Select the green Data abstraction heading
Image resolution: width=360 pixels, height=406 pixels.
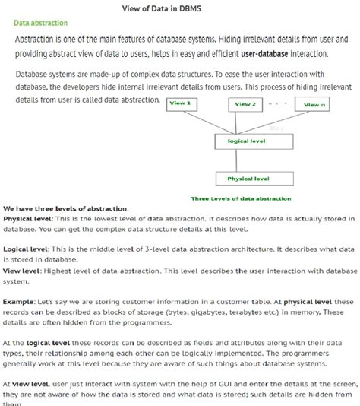(x=40, y=24)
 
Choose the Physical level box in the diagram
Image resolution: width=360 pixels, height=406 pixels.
(x=248, y=179)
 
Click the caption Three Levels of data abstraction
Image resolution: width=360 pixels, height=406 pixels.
(x=241, y=199)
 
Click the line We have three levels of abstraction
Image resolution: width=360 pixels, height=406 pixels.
(x=66, y=209)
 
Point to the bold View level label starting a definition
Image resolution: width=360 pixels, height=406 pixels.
(x=21, y=270)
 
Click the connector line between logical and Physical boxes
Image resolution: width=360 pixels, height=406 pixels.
(x=239, y=160)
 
